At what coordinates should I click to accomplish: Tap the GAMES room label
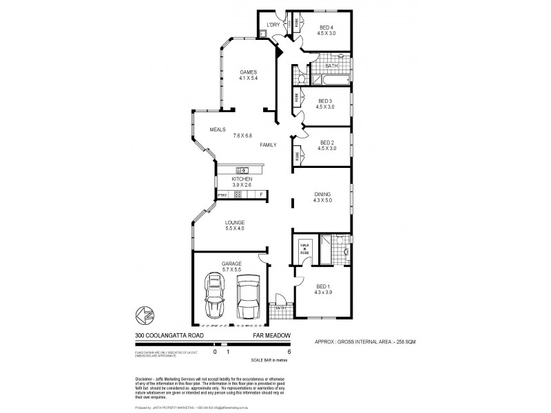click(248, 72)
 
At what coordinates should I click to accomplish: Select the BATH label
click(331, 66)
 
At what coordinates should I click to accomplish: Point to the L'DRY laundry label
click(273, 25)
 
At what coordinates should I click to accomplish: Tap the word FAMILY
click(269, 145)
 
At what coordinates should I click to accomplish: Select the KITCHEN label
click(242, 179)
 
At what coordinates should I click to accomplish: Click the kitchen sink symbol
click(242, 170)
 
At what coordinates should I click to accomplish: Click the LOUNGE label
click(235, 222)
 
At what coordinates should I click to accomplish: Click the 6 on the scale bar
click(288, 351)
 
